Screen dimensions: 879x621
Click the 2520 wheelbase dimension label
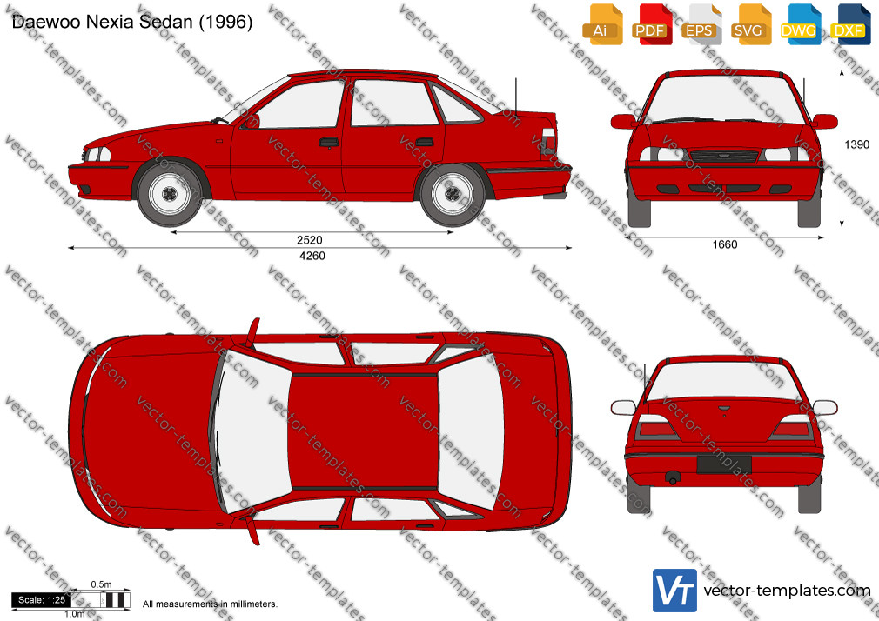[x=310, y=240]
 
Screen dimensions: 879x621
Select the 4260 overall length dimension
[x=312, y=256]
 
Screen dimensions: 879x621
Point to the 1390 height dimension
[x=856, y=144]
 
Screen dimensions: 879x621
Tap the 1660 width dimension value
[x=725, y=244]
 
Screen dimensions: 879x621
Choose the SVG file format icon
[x=749, y=24]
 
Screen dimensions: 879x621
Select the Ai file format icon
[x=601, y=24]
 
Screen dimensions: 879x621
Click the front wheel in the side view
[x=170, y=194]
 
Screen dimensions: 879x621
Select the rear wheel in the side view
[x=453, y=194]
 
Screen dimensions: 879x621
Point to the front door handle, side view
[x=328, y=143]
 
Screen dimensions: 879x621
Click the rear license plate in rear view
[x=724, y=464]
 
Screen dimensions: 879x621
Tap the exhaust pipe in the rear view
[x=672, y=478]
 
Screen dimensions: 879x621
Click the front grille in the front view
[x=724, y=155]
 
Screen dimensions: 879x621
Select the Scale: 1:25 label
[x=42, y=600]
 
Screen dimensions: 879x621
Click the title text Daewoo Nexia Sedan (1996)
[x=132, y=22]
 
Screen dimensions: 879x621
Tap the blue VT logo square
[x=675, y=591]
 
